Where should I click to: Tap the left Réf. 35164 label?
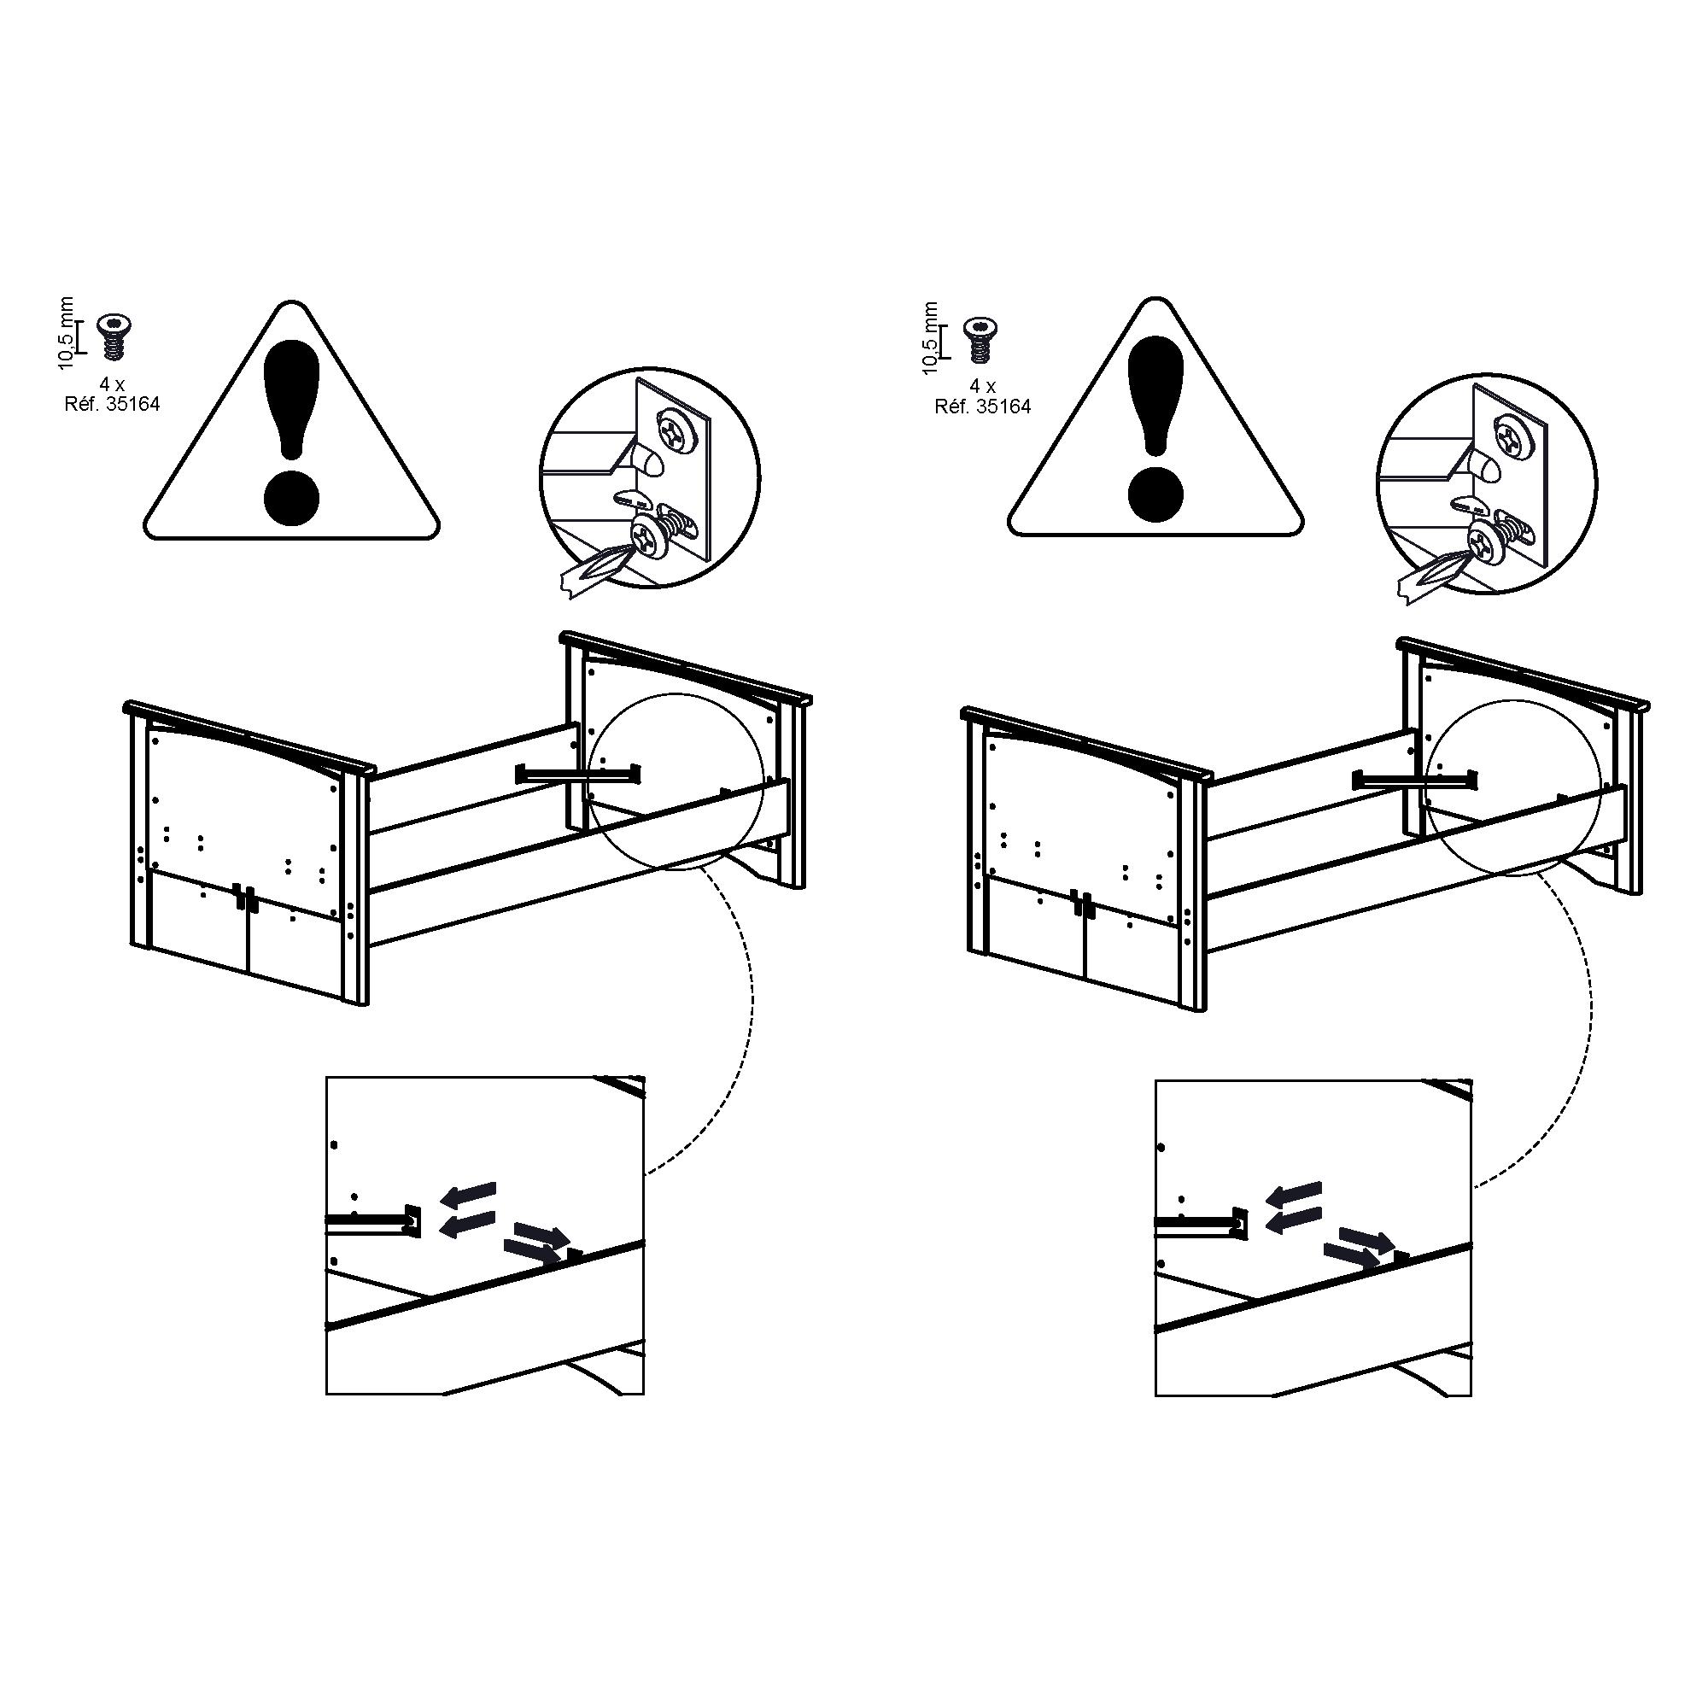[x=112, y=406]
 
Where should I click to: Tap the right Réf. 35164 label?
[x=983, y=407]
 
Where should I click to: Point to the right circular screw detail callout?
[x=1487, y=481]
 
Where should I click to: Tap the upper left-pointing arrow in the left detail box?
[x=469, y=1195]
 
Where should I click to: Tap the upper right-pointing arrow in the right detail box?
[x=1366, y=1237]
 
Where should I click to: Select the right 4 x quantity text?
[x=982, y=387]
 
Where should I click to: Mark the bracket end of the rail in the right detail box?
[x=1238, y=1222]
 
